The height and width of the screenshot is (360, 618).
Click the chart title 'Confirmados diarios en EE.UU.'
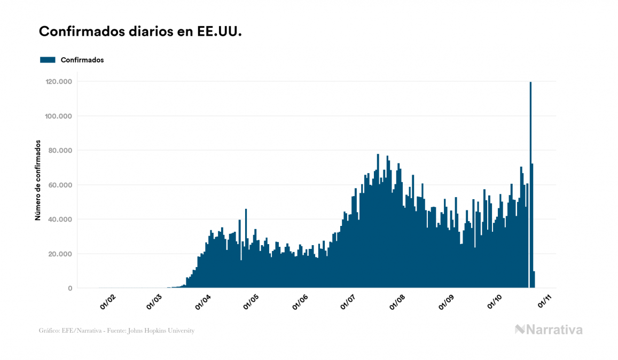coord(140,32)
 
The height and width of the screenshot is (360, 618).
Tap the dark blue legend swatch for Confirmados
coord(48,60)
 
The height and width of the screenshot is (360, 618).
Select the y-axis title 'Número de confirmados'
coord(38,180)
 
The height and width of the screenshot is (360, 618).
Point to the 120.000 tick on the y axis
coord(59,82)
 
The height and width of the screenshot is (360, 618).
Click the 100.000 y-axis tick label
coord(59,116)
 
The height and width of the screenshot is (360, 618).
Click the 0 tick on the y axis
coord(70,288)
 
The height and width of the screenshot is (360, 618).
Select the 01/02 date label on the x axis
coord(108,302)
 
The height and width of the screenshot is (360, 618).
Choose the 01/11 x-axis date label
coord(545,302)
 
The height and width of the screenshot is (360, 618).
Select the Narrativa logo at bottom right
coord(549,330)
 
